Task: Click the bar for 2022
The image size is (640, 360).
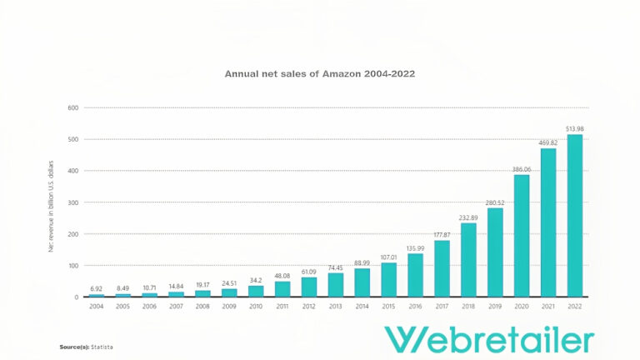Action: pyautogui.click(x=575, y=216)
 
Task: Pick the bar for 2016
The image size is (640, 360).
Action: pyautogui.click(x=415, y=275)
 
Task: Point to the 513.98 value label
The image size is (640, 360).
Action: pyautogui.click(x=575, y=129)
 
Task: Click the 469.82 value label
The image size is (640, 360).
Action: pyautogui.click(x=548, y=142)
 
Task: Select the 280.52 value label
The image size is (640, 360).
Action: pyautogui.click(x=495, y=202)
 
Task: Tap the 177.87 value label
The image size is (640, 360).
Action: pyautogui.click(x=442, y=234)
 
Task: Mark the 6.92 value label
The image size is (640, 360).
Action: pyautogui.click(x=97, y=288)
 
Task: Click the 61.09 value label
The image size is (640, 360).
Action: pyautogui.click(x=309, y=272)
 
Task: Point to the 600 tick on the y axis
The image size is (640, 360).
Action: pyautogui.click(x=73, y=107)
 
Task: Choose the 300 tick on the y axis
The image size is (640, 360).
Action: pyautogui.click(x=73, y=202)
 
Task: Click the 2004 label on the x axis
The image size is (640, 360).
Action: pyautogui.click(x=97, y=307)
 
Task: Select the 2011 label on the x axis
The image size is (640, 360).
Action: pyautogui.click(x=282, y=307)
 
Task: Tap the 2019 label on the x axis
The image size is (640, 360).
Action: pyautogui.click(x=495, y=307)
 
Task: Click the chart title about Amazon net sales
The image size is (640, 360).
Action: pyautogui.click(x=320, y=73)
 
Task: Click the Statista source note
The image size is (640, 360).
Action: pyautogui.click(x=87, y=346)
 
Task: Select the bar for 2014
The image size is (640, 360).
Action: pyautogui.click(x=362, y=282)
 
